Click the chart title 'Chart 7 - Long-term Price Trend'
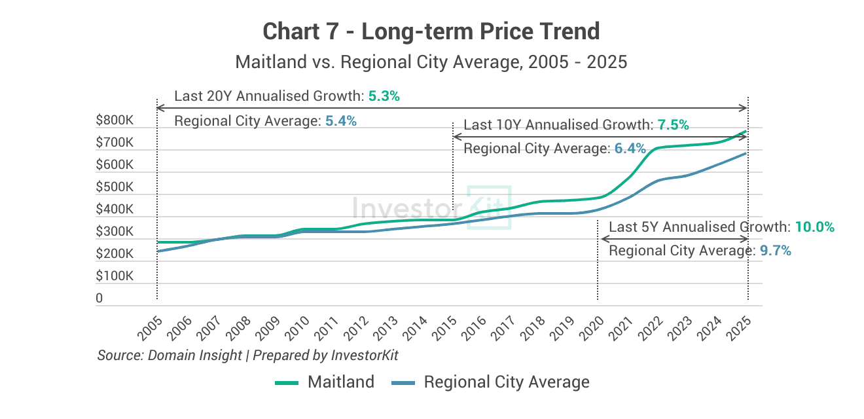[x=431, y=31]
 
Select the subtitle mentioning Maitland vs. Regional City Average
[x=431, y=62]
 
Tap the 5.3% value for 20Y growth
[x=384, y=96]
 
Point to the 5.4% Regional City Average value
[x=340, y=121]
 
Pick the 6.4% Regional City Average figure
[x=630, y=149]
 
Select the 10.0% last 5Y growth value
[x=815, y=227]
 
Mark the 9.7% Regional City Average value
[x=776, y=251]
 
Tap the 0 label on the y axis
[x=99, y=299]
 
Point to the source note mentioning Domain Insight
[x=247, y=355]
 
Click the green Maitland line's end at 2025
[x=746, y=131]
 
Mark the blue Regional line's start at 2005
[x=158, y=251]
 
